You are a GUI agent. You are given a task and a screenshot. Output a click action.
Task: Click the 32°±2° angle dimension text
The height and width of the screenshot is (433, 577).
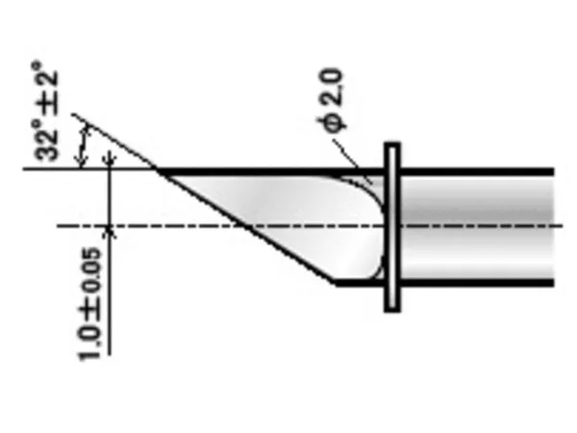click(x=45, y=112)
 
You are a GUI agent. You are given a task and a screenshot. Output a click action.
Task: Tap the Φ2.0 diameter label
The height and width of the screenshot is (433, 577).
click(x=331, y=100)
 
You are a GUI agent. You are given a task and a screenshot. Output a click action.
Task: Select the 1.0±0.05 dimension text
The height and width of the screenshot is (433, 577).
click(x=89, y=304)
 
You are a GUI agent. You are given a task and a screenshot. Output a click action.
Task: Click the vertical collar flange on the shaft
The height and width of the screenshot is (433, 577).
click(x=392, y=227)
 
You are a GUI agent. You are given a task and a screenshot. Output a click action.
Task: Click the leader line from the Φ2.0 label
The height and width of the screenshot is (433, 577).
click(x=351, y=160)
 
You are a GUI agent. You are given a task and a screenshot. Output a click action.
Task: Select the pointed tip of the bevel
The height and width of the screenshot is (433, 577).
click(x=158, y=170)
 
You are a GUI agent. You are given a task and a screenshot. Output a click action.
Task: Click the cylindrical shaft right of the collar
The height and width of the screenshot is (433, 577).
click(x=477, y=227)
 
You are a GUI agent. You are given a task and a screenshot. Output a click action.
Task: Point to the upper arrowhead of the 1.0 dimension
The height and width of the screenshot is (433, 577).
click(x=109, y=161)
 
